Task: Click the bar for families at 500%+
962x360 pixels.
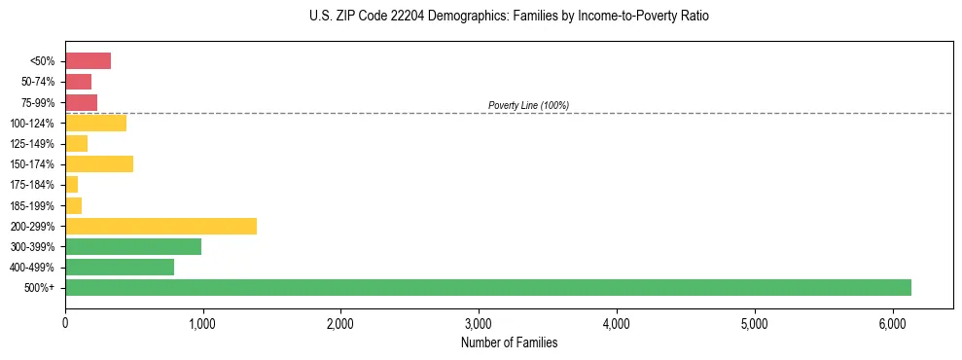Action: click(x=486, y=287)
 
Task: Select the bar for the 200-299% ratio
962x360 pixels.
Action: click(x=160, y=226)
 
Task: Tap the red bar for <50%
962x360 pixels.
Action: click(x=88, y=61)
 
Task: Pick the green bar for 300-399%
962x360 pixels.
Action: click(x=132, y=246)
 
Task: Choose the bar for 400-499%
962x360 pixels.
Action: click(x=119, y=267)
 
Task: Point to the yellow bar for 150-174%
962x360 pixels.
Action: click(x=98, y=163)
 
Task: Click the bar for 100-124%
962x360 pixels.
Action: click(x=95, y=123)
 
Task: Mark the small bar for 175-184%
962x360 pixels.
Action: click(x=71, y=185)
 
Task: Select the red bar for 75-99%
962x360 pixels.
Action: click(x=81, y=102)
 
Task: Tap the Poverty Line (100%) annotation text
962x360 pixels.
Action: click(x=528, y=105)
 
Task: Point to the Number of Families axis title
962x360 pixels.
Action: click(x=509, y=342)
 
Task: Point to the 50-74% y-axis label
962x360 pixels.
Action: click(x=38, y=82)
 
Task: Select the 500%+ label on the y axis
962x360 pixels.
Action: click(x=41, y=288)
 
